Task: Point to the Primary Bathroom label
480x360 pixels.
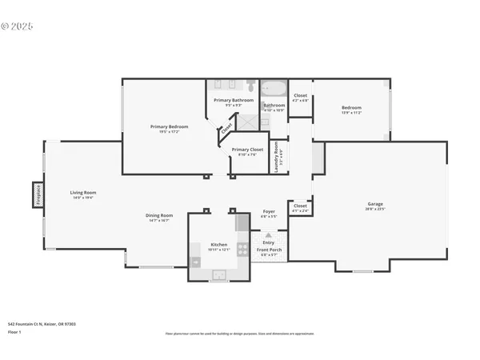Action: point(234,100)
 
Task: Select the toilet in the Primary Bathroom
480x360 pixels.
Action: point(250,86)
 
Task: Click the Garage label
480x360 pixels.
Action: point(375,204)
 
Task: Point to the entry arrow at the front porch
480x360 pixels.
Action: point(268,236)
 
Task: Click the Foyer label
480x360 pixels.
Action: point(269,212)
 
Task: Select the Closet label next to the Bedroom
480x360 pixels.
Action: point(300,95)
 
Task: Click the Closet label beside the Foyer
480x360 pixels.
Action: point(300,206)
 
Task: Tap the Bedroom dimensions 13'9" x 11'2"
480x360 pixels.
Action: point(352,113)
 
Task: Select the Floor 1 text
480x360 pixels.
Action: point(14,330)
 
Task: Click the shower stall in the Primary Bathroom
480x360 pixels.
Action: point(250,122)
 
